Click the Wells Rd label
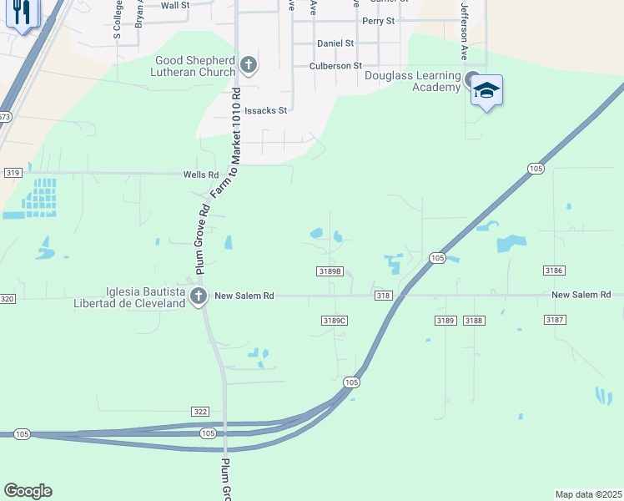point(201,175)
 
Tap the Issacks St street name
point(265,110)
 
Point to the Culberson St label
point(335,65)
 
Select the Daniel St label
point(335,43)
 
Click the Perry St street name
point(378,20)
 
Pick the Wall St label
point(175,5)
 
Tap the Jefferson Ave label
point(465,30)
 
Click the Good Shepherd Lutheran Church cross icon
point(248,64)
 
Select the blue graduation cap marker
point(486,90)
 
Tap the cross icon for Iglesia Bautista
point(199,296)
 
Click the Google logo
point(28,491)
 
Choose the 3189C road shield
point(334,320)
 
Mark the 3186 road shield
point(554,271)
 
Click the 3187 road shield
point(554,320)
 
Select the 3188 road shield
point(474,321)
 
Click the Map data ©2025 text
point(587,494)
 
